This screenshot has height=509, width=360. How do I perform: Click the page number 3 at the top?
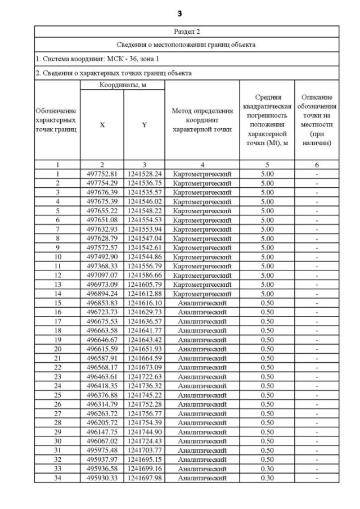(179, 13)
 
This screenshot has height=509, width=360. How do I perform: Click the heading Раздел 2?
(186, 31)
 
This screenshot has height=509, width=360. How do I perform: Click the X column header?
(102, 125)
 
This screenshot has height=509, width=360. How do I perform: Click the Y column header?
(144, 125)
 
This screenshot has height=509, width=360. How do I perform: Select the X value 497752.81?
(102, 174)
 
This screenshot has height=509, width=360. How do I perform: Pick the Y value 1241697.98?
(144, 478)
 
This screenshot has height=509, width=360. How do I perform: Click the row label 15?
(57, 303)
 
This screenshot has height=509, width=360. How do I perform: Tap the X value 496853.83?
(102, 303)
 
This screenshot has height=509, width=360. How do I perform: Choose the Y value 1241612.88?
(144, 294)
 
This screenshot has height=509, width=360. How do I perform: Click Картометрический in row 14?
(202, 294)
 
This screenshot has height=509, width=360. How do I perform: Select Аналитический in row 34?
(202, 478)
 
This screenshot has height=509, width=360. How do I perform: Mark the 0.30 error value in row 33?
(267, 469)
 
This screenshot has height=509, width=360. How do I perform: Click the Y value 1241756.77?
(144, 413)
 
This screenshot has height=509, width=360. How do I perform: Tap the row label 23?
(57, 376)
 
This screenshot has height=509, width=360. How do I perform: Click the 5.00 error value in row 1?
(267, 174)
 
